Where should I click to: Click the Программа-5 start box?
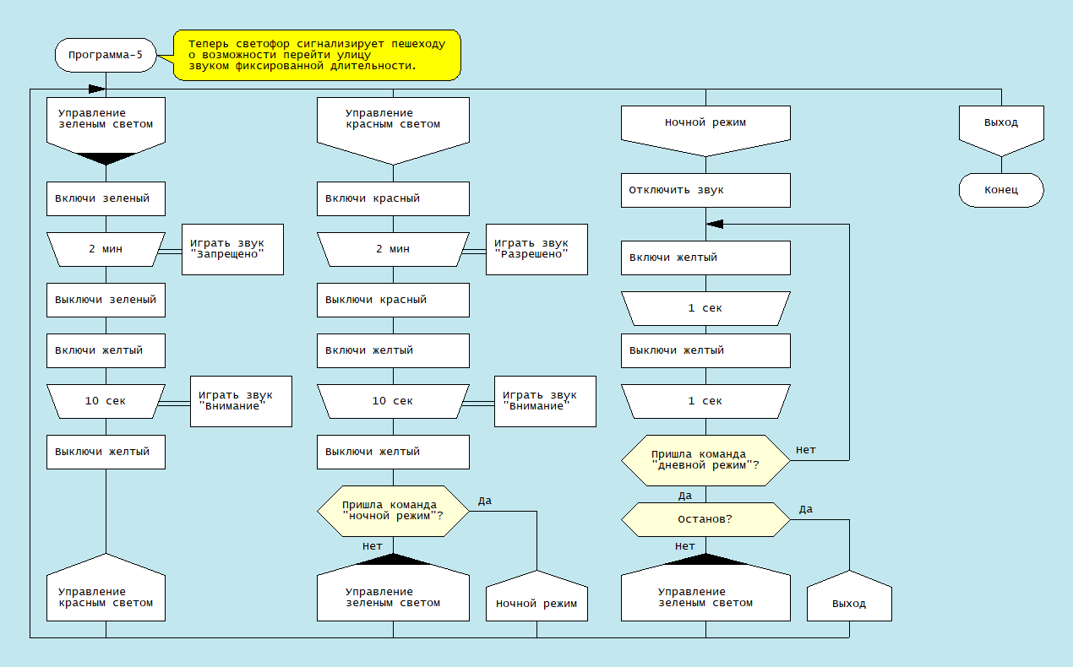[106, 55]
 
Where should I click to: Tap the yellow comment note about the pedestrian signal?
[317, 55]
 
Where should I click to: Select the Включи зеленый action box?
[106, 198]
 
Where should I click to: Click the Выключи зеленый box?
[106, 300]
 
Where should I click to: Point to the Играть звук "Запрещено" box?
[232, 249]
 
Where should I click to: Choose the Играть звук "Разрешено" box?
[536, 249]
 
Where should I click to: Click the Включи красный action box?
[393, 198]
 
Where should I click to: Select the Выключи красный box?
[393, 300]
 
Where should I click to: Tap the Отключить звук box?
[705, 190]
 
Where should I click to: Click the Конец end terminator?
[1001, 190]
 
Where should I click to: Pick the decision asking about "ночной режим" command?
[393, 511]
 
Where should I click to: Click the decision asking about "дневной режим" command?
[705, 460]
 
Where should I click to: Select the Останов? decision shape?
[705, 519]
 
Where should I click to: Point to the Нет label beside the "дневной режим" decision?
[805, 450]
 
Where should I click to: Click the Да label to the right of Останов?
[805, 509]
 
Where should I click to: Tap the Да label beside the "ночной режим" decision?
[484, 501]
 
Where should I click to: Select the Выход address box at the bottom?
[849, 603]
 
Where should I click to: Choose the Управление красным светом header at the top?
[393, 124]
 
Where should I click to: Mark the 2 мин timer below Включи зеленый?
[106, 249]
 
